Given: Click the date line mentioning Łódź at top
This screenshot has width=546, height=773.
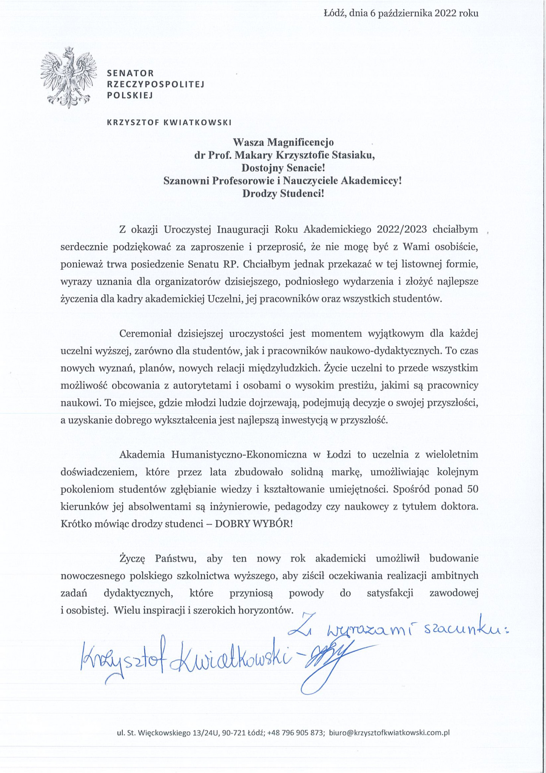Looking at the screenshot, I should (x=401, y=14).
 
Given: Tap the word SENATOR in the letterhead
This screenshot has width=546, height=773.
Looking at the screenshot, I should (x=130, y=73).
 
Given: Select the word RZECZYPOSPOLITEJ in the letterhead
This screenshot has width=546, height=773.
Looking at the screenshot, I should (x=156, y=84).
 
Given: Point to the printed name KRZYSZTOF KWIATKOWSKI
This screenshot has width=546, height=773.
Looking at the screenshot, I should (x=169, y=122).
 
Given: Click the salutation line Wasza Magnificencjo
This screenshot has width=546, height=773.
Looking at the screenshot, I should (x=283, y=142).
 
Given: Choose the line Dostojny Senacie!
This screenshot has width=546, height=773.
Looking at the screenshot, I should (x=283, y=168).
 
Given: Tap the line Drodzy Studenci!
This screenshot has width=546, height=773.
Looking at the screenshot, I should (x=283, y=194).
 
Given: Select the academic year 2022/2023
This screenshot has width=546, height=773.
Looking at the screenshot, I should (x=402, y=229).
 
